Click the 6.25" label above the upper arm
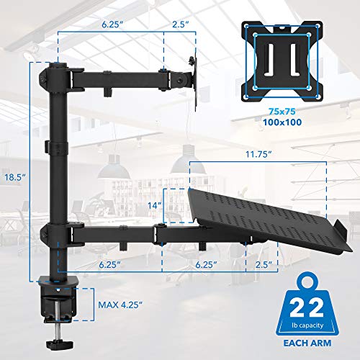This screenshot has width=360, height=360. click(x=110, y=25)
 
